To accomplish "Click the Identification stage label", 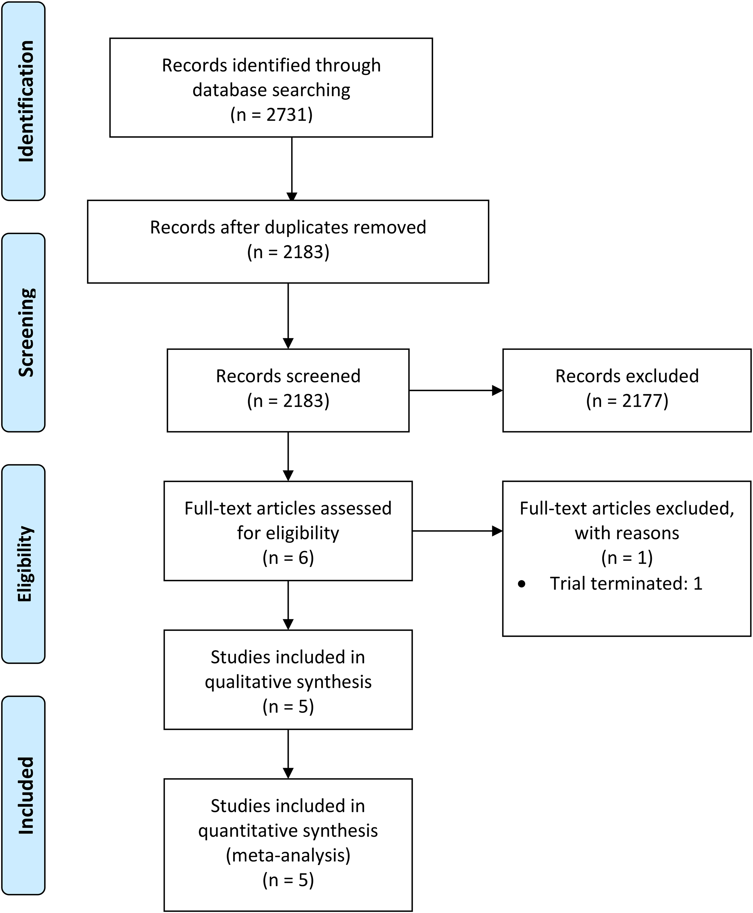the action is [26, 101].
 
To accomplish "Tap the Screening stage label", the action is [26, 332].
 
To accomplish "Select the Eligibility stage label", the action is [25, 564].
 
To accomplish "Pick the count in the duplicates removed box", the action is [288, 252].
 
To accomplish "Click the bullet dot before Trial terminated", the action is [522, 584].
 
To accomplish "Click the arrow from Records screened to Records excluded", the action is [456, 390].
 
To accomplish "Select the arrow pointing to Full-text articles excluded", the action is [457, 531].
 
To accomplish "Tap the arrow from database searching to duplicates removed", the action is [292, 169].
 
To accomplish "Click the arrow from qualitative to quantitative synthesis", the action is [288, 754].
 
